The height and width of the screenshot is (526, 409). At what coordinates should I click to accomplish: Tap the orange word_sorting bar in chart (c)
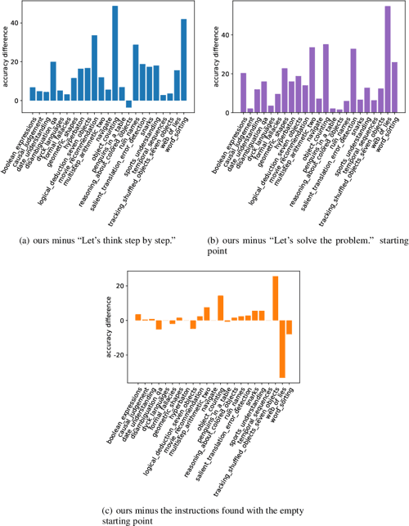click(289, 327)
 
